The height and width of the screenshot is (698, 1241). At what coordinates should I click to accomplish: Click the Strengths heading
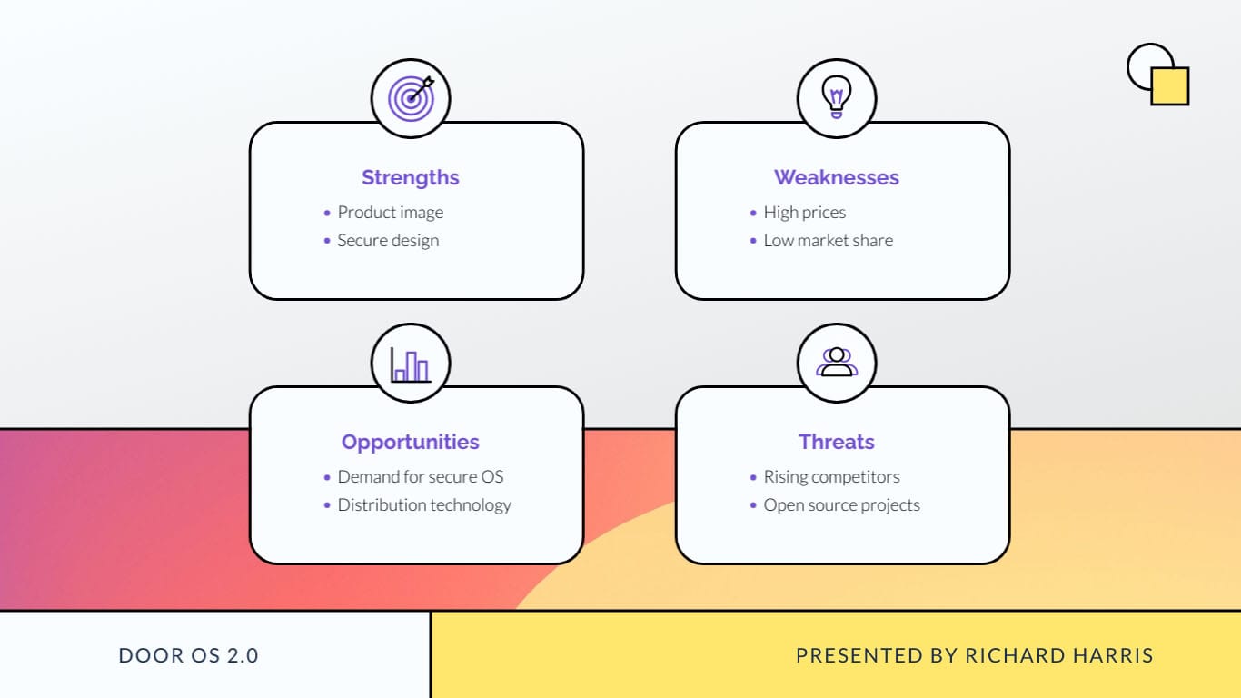click(x=410, y=177)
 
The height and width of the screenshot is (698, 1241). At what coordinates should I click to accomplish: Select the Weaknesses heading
click(x=836, y=177)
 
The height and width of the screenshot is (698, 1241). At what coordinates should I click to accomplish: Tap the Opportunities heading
click(x=410, y=442)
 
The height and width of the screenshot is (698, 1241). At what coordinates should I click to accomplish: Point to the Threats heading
click(x=836, y=442)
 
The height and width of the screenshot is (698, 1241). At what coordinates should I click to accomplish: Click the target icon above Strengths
click(x=411, y=98)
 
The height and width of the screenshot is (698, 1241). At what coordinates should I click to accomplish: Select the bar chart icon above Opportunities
click(x=411, y=364)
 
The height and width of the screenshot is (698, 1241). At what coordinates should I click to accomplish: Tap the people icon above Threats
click(x=836, y=362)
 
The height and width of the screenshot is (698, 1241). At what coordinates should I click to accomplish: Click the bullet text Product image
click(x=390, y=213)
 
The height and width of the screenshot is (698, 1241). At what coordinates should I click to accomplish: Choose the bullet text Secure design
click(x=388, y=241)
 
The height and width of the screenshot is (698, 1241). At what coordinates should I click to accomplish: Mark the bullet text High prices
click(x=804, y=213)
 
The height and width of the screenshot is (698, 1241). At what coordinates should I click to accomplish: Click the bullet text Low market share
click(x=828, y=241)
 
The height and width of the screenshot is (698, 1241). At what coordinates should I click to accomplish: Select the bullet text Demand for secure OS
click(x=420, y=477)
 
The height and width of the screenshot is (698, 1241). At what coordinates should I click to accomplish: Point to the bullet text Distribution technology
click(x=424, y=505)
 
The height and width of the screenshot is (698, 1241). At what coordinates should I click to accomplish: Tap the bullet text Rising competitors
click(x=831, y=477)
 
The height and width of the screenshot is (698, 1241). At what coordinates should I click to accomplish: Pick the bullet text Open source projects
click(x=841, y=505)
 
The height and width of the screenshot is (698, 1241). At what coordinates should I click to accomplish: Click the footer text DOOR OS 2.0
click(x=189, y=655)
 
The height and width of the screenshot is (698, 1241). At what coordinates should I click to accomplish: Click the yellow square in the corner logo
click(x=1170, y=86)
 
